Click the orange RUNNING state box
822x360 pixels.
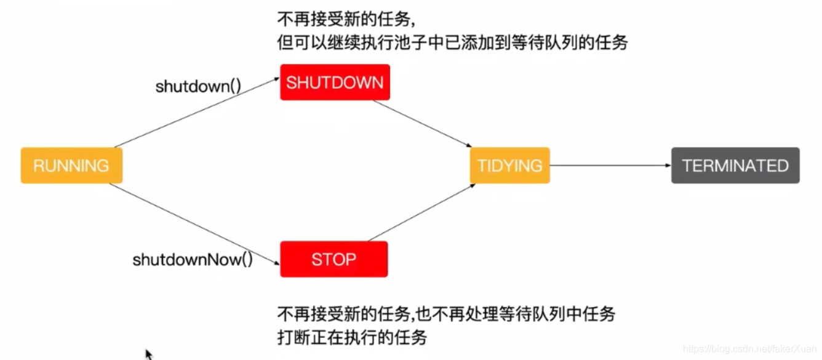click(71, 166)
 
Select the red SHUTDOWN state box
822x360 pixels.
click(335, 82)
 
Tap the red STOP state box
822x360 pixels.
click(333, 259)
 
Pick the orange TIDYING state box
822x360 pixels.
click(509, 166)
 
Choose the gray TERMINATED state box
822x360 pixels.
click(735, 166)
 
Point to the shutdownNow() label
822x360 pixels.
click(193, 260)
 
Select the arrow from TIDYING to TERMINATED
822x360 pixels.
click(609, 166)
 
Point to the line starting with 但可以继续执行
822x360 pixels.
click(452, 43)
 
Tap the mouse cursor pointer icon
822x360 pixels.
click(148, 354)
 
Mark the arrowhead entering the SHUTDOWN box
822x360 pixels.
click(276, 78)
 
